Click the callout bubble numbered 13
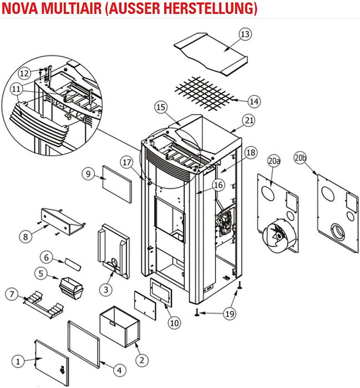[x=245, y=34]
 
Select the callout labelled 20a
[x=273, y=161]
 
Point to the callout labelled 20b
[x=300, y=158]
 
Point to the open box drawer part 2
[x=118, y=325]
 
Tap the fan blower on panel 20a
[x=276, y=236]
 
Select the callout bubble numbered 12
[x=24, y=73]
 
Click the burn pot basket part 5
[x=71, y=287]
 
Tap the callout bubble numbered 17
[x=127, y=163]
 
